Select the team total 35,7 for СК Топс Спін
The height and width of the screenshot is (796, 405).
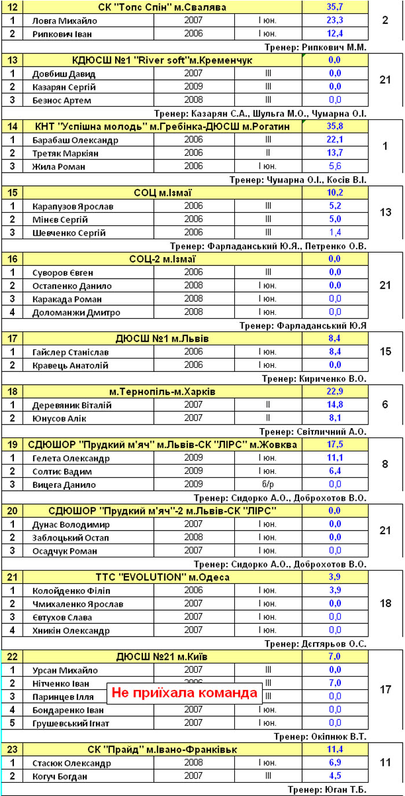coord(335,8)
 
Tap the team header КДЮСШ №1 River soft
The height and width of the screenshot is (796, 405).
coord(163,60)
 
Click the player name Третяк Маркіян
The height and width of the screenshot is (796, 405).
coord(65,153)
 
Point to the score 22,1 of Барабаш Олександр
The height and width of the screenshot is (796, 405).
coord(335,140)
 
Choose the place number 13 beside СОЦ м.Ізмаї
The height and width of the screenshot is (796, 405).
coord(385,213)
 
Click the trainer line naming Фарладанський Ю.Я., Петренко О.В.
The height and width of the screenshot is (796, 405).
coord(268,246)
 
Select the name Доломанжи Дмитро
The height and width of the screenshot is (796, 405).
coord(77,312)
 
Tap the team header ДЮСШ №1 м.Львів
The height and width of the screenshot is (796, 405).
coord(163,338)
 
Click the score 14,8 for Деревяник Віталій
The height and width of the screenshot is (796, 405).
coord(335,405)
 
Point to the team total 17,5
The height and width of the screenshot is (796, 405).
coord(335,445)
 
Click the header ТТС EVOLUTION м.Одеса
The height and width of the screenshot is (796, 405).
coord(163,578)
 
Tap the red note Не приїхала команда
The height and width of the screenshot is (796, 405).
coord(185,693)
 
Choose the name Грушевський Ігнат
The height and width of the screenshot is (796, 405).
coord(71,723)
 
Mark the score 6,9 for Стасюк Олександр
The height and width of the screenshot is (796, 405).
coord(335,763)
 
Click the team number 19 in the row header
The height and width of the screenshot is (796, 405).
coord(13,445)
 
